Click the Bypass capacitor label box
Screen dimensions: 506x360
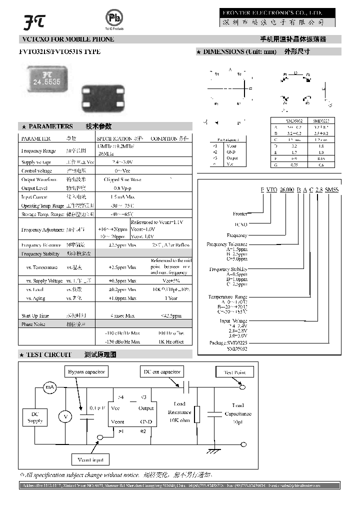click(86, 372)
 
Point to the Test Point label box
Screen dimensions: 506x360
click(234, 372)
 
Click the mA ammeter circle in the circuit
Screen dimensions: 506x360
click(49, 387)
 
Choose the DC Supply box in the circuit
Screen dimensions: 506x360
click(34, 417)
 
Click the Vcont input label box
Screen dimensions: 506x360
click(91, 459)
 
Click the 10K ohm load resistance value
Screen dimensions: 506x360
click(179, 420)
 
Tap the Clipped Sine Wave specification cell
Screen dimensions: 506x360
click(122, 179)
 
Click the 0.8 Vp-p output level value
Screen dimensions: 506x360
click(122, 188)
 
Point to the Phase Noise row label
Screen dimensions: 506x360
click(33, 324)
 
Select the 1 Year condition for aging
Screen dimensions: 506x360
click(170, 298)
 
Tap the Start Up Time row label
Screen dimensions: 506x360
click(35, 316)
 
